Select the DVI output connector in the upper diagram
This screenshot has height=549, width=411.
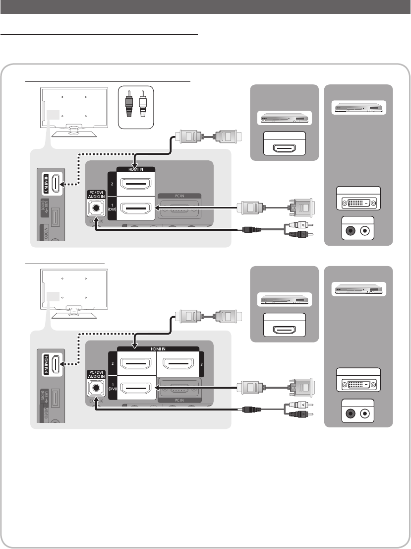pos(358,203)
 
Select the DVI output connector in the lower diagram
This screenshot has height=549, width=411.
pos(358,384)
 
